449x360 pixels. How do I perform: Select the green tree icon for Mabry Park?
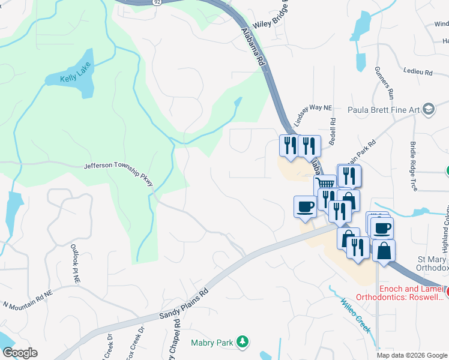[x=243, y=341]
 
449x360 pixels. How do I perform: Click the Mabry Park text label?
[x=213, y=342]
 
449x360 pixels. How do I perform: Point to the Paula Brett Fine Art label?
[x=384, y=110]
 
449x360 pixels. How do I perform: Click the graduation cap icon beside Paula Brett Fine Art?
[x=428, y=109]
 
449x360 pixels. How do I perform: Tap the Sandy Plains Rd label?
[x=184, y=303]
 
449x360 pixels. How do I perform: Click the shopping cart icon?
[x=325, y=185]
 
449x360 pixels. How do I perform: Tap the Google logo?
[x=19, y=353]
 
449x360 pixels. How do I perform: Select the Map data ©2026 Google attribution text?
[x=412, y=355]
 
